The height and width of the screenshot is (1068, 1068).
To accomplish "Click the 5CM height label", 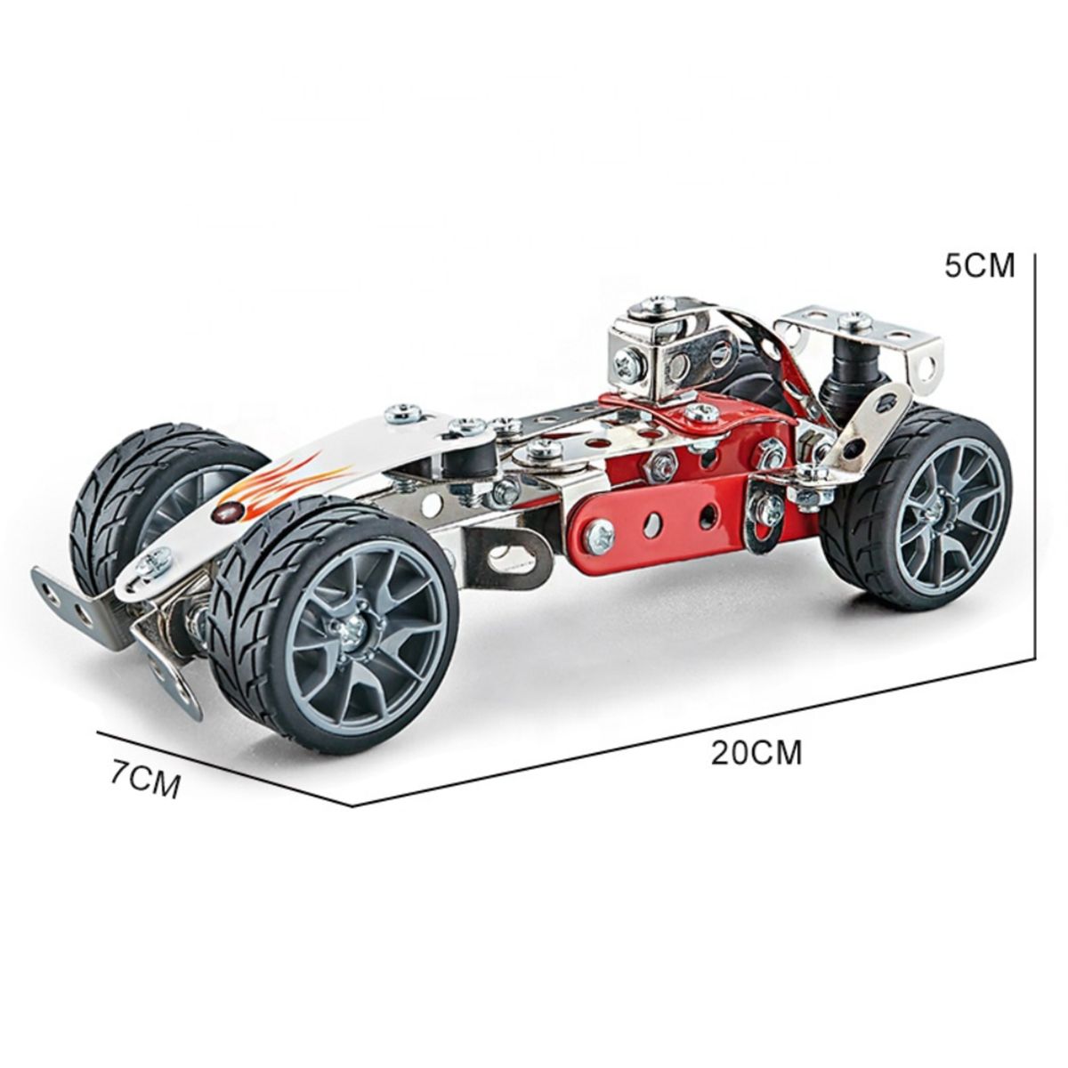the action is tap(979, 265).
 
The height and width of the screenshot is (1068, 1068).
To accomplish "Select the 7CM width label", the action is tap(146, 781).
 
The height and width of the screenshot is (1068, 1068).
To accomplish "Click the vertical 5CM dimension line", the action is tap(1033, 456).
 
